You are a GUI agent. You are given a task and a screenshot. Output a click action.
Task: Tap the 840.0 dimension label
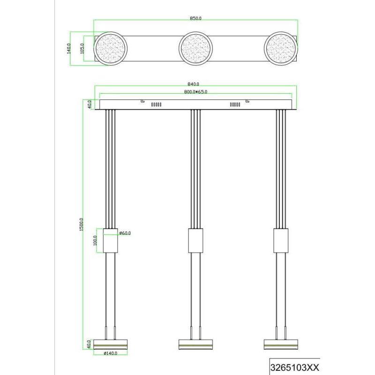195,84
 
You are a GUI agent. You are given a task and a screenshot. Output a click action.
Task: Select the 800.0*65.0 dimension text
195,92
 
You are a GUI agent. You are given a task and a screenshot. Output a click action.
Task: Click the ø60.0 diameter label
124,232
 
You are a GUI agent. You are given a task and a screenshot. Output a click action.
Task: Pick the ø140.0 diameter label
111,354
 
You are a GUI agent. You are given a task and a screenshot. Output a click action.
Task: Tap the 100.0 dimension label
95,240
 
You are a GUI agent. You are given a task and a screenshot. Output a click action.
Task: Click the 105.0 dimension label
82,48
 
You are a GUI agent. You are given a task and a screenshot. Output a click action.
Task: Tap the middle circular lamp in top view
195,49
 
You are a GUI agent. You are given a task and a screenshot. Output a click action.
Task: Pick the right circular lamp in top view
280,49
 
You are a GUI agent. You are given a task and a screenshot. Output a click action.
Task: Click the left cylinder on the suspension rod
111,240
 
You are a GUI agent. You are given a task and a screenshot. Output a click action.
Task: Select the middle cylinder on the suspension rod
195,240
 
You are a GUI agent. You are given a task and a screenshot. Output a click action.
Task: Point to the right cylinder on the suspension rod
280,240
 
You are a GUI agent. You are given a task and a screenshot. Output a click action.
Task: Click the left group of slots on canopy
156,105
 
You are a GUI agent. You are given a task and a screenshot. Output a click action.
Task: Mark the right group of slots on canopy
235,105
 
